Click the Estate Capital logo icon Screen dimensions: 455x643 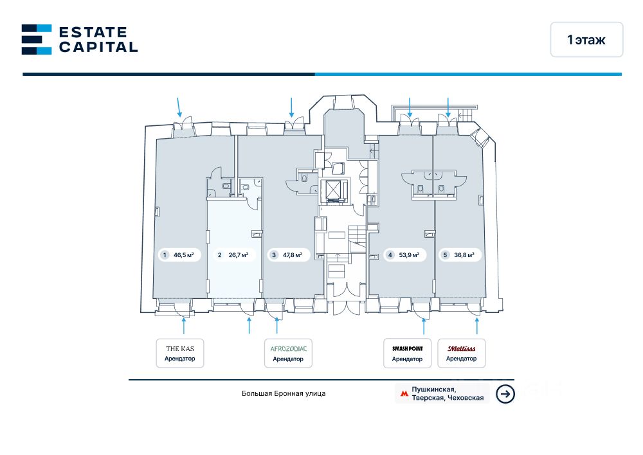click(37, 39)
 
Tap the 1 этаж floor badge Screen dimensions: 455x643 click(586, 40)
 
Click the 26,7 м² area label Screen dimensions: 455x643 click(235, 255)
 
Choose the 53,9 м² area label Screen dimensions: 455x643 click(405, 255)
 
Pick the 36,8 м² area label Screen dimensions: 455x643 click(460, 255)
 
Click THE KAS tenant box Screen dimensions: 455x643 click(180, 353)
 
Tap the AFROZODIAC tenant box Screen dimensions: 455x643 click(288, 353)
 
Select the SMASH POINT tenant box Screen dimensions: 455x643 click(407, 353)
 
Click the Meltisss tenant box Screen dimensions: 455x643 click(461, 353)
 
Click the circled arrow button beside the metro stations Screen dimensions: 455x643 click(506, 394)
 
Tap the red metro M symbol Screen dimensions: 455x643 click(404, 394)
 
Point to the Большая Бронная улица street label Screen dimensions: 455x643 click(284, 393)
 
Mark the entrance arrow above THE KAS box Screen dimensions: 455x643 click(185, 326)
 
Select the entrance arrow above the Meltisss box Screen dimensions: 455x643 click(477, 326)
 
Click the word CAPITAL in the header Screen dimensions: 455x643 click(98, 47)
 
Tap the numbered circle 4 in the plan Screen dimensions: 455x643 click(390, 255)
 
